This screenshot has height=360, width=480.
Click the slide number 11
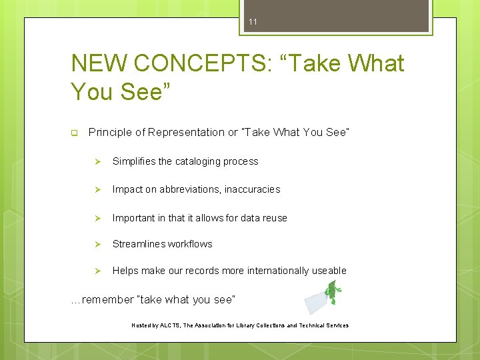[x=253, y=22]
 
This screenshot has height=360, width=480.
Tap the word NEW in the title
[x=99, y=63]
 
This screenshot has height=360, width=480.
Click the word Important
[x=134, y=218]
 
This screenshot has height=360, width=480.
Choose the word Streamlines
[x=137, y=244]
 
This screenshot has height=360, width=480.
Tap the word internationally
[x=279, y=271]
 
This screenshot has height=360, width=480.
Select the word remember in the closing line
[x=107, y=300]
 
